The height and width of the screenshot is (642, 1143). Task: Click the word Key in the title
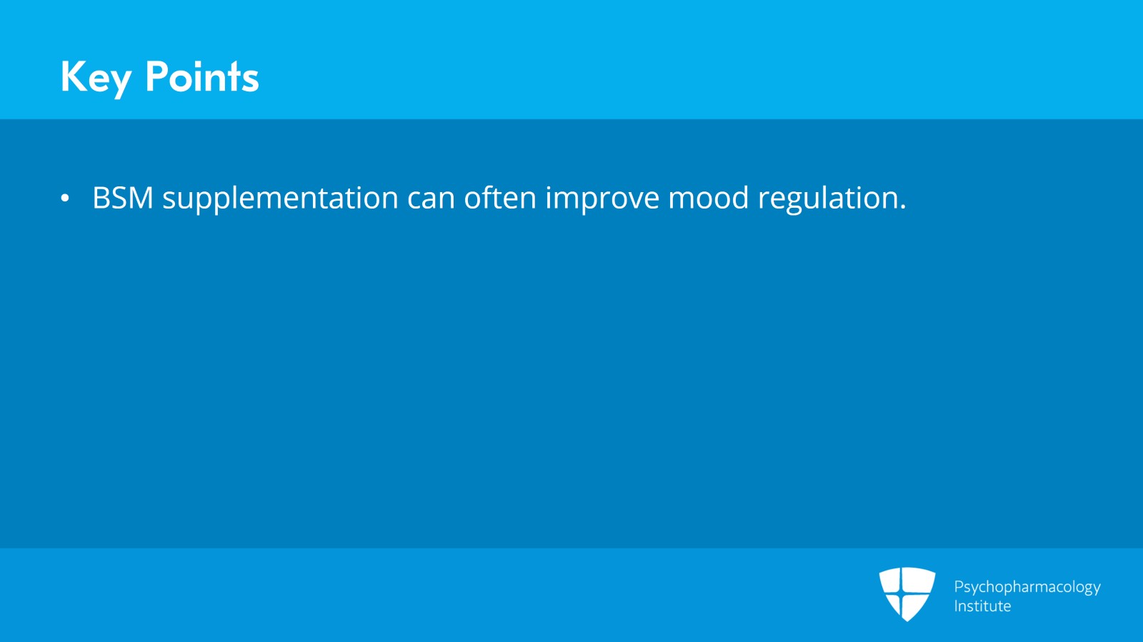(x=96, y=78)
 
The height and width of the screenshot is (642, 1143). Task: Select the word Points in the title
(x=202, y=76)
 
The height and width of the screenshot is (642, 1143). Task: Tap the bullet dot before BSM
(x=65, y=198)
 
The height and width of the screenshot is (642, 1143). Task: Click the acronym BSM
(x=122, y=197)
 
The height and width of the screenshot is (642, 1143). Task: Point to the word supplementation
(x=280, y=199)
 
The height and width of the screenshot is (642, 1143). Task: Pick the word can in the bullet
(x=431, y=201)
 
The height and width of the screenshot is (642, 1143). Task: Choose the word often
(x=500, y=197)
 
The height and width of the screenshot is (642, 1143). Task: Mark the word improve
(x=602, y=199)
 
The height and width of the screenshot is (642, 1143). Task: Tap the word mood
(x=708, y=197)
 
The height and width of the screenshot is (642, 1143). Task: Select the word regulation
(x=827, y=199)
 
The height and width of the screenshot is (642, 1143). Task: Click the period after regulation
(x=903, y=206)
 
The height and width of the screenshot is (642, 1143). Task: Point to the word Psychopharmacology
(x=1027, y=588)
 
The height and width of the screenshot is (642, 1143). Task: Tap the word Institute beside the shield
(x=982, y=606)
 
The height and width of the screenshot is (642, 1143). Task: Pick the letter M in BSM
(x=139, y=197)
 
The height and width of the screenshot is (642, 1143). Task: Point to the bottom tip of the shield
(x=907, y=621)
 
